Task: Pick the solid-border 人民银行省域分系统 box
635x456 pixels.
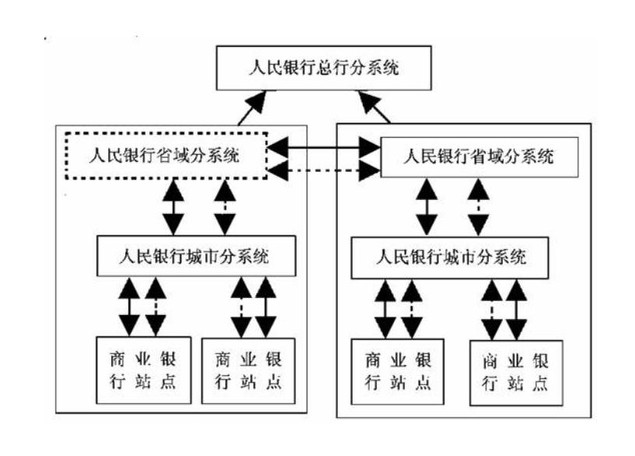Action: point(479,156)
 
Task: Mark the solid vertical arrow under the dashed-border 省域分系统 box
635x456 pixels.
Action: point(173,205)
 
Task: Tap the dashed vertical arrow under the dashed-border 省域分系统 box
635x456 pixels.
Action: point(224,205)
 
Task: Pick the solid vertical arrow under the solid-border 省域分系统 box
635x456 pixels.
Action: point(427,205)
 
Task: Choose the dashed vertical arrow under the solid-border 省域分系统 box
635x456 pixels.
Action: point(478,205)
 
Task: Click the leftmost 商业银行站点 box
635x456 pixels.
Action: point(143,370)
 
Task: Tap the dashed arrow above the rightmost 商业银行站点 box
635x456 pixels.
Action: point(491,309)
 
